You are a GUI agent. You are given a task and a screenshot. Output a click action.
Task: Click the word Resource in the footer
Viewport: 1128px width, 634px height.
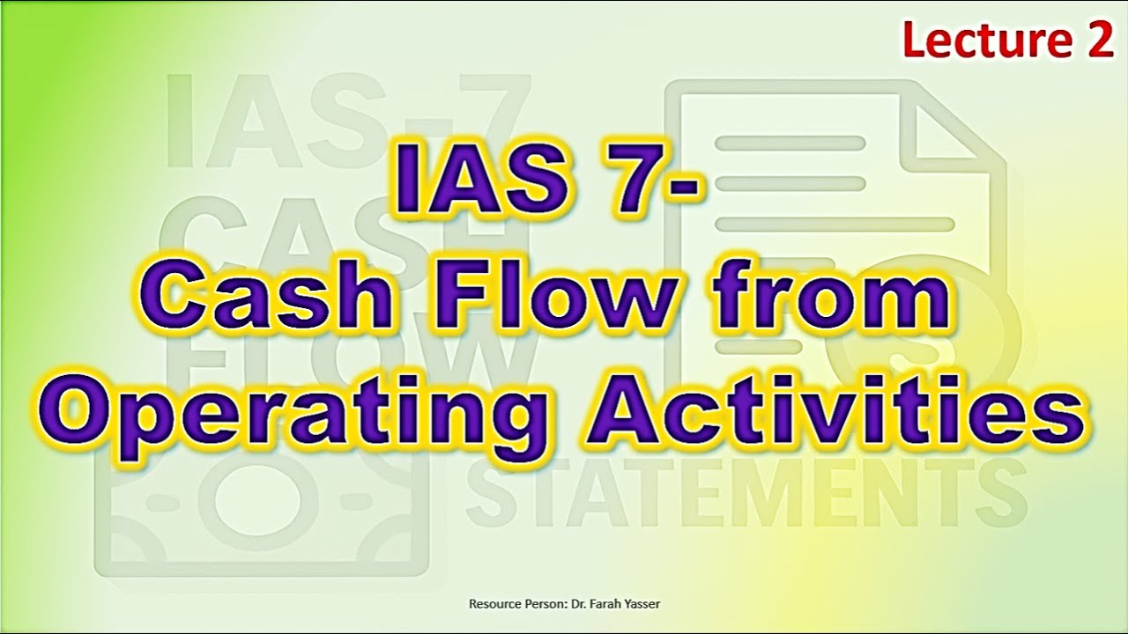pos(493,604)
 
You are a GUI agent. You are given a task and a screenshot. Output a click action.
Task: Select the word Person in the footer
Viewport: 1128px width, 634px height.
pos(541,604)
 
